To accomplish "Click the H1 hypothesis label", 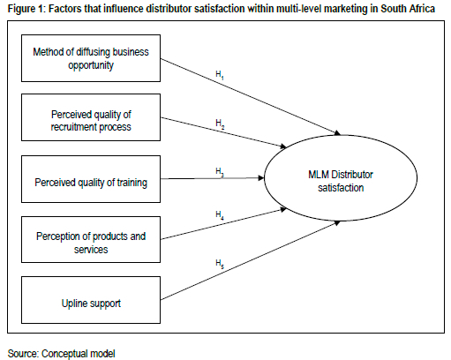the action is point(220,75).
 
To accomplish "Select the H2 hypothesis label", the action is point(220,124).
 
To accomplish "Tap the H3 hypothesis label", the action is point(220,172).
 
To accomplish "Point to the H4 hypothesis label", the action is point(220,215).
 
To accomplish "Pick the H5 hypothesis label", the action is point(220,264).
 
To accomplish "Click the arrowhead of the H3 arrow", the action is point(261,178).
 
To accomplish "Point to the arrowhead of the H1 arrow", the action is point(337,133).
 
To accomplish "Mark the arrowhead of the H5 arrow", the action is point(337,223).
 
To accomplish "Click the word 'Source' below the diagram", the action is point(23,354).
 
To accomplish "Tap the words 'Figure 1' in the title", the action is point(25,9).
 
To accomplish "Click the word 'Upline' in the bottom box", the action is point(73,304).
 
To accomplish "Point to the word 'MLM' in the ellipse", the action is point(319,175).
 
